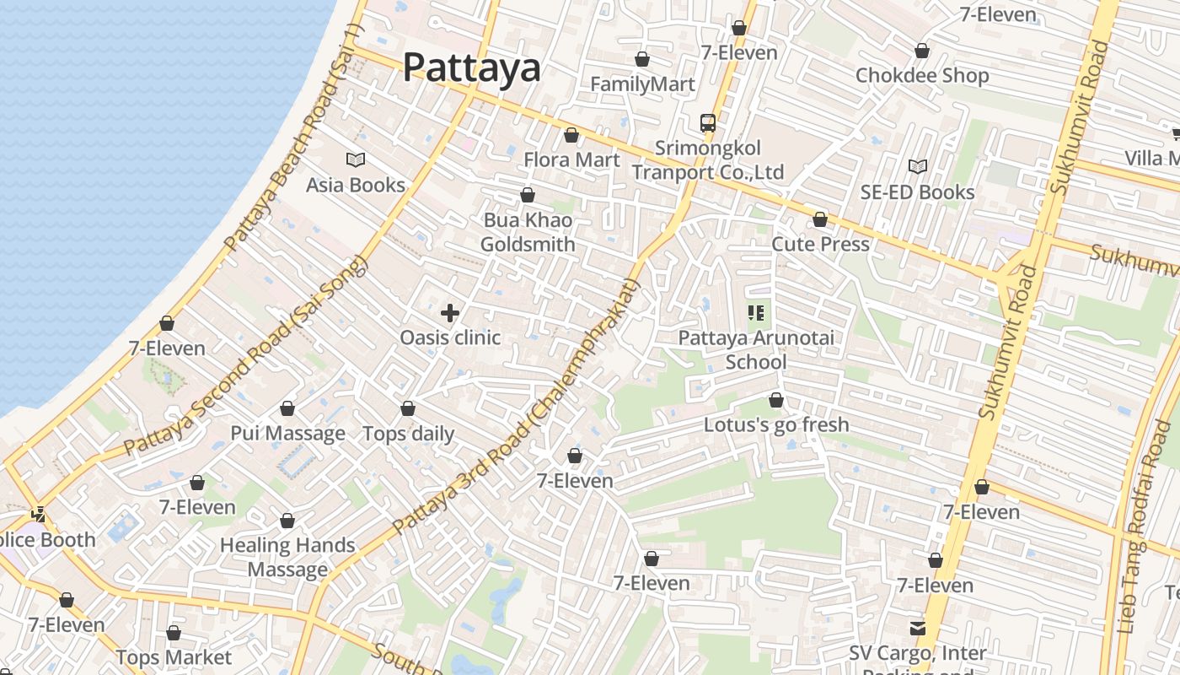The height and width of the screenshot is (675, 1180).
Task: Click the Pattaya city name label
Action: pyautogui.click(x=471, y=67)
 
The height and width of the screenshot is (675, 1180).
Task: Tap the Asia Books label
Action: pyautogui.click(x=355, y=185)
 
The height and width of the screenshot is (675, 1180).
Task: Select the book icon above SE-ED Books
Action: pyautogui.click(x=918, y=167)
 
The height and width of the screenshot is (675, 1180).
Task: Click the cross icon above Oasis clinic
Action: pyautogui.click(x=450, y=313)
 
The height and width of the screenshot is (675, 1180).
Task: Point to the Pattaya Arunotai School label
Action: pyautogui.click(x=756, y=350)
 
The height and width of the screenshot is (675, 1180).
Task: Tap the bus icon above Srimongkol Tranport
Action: pyautogui.click(x=708, y=123)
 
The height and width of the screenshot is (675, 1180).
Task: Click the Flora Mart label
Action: pyautogui.click(x=571, y=159)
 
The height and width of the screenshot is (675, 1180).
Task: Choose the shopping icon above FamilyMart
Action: pyautogui.click(x=642, y=59)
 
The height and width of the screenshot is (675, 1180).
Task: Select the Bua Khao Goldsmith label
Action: pyautogui.click(x=528, y=232)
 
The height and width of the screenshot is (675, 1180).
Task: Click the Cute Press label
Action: pyautogui.click(x=820, y=244)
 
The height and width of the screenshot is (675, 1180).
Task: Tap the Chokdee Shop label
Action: pyautogui.click(x=922, y=75)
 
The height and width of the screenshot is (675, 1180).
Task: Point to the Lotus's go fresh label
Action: pyautogui.click(x=776, y=424)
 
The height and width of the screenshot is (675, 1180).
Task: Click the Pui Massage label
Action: pyautogui.click(x=288, y=434)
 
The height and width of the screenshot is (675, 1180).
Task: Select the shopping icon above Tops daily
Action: pyautogui.click(x=408, y=408)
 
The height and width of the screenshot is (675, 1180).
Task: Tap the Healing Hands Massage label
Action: pyautogui.click(x=287, y=557)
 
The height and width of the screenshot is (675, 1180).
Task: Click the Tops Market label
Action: pyautogui.click(x=174, y=657)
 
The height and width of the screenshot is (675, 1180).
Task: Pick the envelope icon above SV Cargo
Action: pyautogui.click(x=917, y=629)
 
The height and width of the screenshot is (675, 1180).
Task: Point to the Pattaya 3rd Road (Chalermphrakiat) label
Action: pyautogui.click(x=517, y=406)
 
